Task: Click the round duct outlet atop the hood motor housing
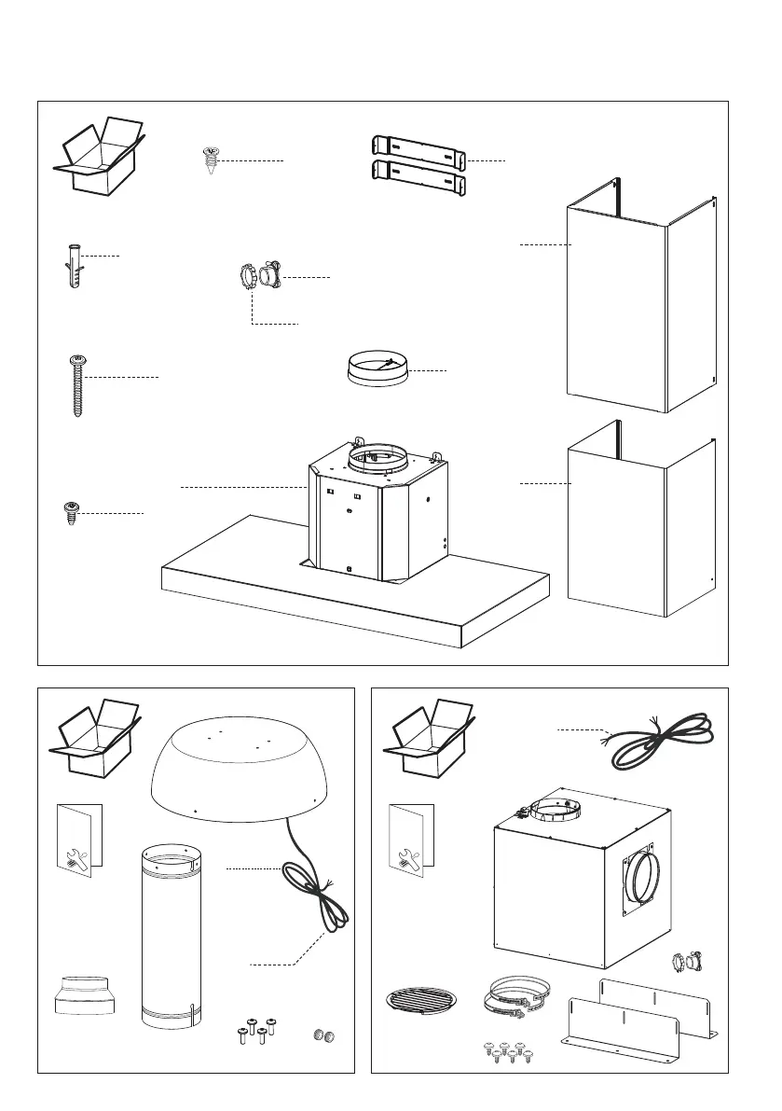377,457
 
